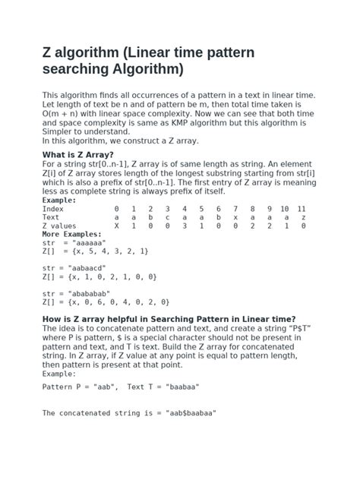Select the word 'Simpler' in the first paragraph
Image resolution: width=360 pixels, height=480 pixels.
pyautogui.click(x=60, y=131)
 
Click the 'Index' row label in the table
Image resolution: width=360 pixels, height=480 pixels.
pyautogui.click(x=53, y=208)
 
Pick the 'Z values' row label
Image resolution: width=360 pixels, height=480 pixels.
pyautogui.click(x=60, y=226)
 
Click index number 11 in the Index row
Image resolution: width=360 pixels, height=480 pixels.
pyautogui.click(x=302, y=208)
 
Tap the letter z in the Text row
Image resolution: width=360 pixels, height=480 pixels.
pyautogui.click(x=302, y=217)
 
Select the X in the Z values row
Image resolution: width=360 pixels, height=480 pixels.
pyautogui.click(x=116, y=226)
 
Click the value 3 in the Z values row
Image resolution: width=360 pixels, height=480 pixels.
pyautogui.click(x=184, y=226)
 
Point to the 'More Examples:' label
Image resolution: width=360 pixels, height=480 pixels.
pyautogui.click(x=71, y=235)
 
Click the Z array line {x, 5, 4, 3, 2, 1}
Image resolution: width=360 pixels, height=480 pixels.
pyautogui.click(x=106, y=251)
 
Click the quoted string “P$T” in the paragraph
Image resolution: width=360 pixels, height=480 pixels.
pyautogui.click(x=298, y=328)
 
